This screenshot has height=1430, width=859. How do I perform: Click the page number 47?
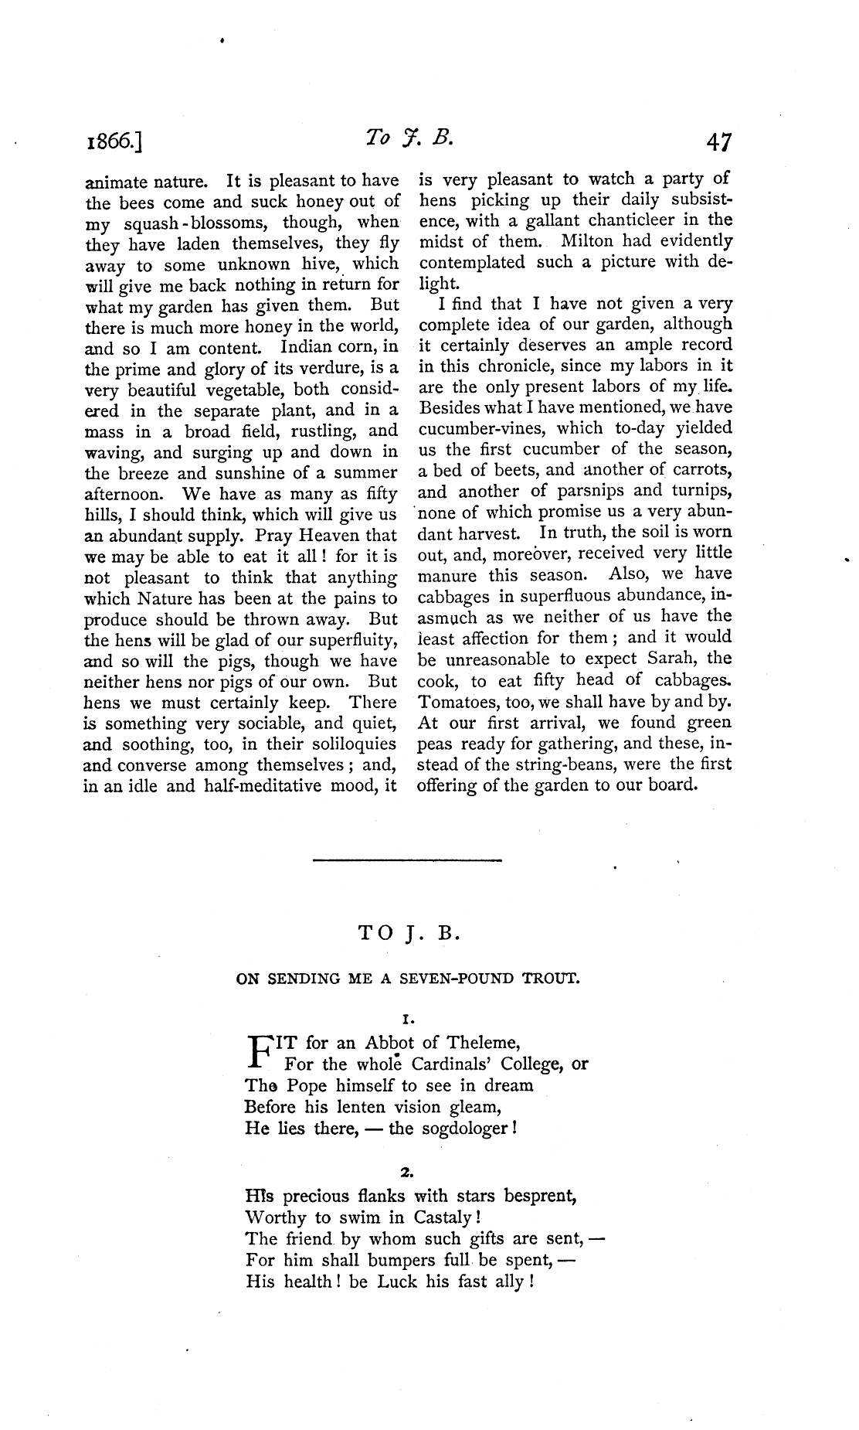point(716,143)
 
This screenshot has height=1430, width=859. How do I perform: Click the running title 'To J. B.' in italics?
point(409,140)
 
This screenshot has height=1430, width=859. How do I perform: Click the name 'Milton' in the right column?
point(587,241)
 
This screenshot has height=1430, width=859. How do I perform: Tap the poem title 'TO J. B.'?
point(409,933)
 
